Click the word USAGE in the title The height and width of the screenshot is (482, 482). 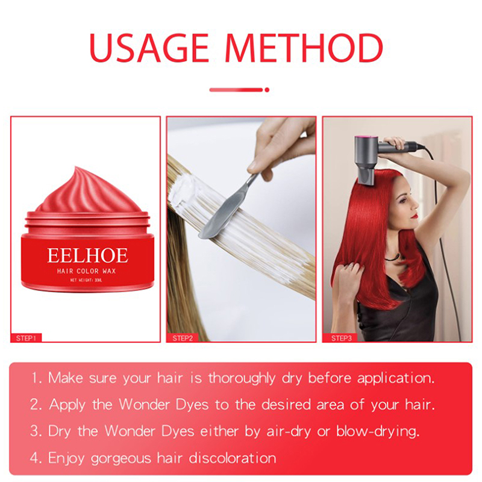(x=149, y=48)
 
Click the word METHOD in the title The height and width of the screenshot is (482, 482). (x=304, y=48)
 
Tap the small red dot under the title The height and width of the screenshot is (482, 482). (x=267, y=90)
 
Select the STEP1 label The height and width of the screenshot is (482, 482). (x=26, y=338)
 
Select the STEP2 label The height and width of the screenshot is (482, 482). (x=183, y=338)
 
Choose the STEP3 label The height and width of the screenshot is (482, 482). (x=341, y=338)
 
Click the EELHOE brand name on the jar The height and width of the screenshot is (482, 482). (x=87, y=255)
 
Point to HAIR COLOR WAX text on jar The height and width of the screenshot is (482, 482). (x=86, y=271)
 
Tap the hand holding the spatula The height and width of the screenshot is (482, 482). (x=281, y=148)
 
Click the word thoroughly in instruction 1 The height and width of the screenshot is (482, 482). (x=242, y=378)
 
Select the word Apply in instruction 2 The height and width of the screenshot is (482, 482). (x=67, y=405)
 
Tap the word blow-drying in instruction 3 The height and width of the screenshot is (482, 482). (x=378, y=431)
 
